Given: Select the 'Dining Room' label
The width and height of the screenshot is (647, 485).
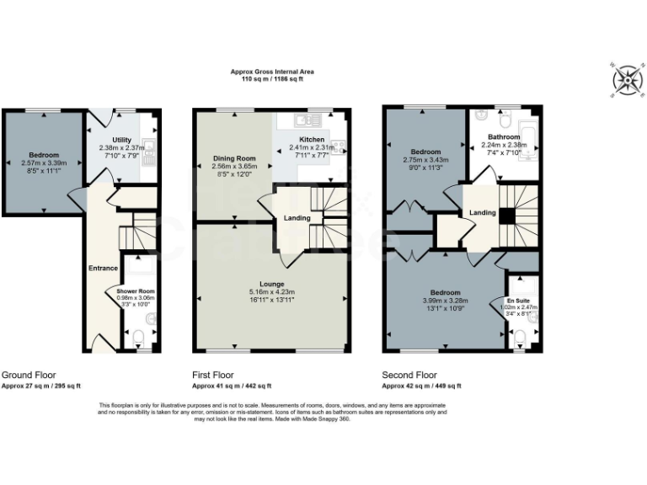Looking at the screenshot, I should [x=233, y=158].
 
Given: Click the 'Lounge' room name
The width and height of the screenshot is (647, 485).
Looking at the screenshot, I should [x=271, y=284].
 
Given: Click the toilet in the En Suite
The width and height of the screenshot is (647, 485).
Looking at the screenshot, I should [x=520, y=337].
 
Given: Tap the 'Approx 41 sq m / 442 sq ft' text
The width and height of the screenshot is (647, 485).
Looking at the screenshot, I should [x=232, y=386].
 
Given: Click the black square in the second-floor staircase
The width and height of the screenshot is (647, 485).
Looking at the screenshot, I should [x=505, y=216].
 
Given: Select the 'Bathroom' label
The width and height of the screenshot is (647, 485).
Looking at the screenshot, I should [x=504, y=136].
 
